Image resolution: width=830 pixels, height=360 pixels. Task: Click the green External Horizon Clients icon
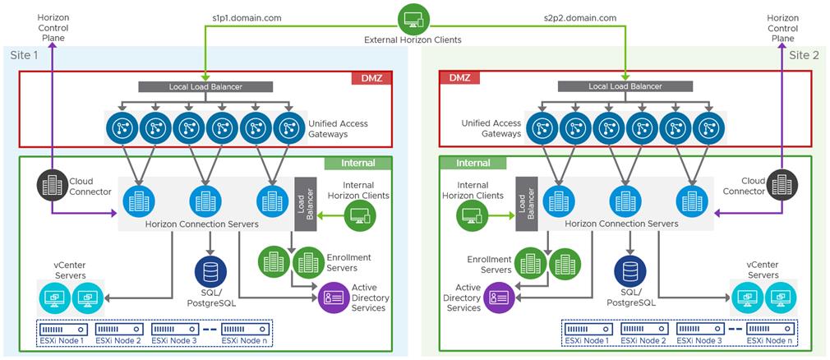(413, 18)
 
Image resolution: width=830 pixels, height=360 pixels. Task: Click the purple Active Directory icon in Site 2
(500, 297)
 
